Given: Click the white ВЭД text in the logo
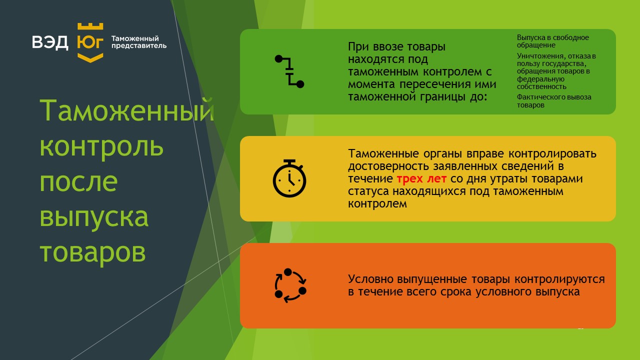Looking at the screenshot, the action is pos(50,42).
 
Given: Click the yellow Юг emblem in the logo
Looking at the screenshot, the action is pos(90,42).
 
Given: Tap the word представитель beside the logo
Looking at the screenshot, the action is pos(139,45).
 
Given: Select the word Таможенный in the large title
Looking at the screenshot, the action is pos(127,110).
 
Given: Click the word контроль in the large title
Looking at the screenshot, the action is pos(101,146).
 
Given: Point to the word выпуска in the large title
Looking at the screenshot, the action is pos(94,217).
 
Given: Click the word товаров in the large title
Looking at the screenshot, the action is pos(93,252).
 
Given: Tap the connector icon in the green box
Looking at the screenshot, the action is pos(289,71).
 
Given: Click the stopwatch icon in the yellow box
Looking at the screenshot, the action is pos(289,178).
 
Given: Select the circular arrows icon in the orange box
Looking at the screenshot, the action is pos(290,285).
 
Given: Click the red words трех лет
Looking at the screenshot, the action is pos(421,179).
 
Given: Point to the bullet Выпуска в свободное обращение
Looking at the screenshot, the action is pos(553,41).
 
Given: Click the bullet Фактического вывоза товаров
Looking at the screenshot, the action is pos(554,101).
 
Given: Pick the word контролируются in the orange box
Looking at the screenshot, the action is pos(559,279).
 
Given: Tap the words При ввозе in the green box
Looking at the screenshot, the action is pos(372,46).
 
